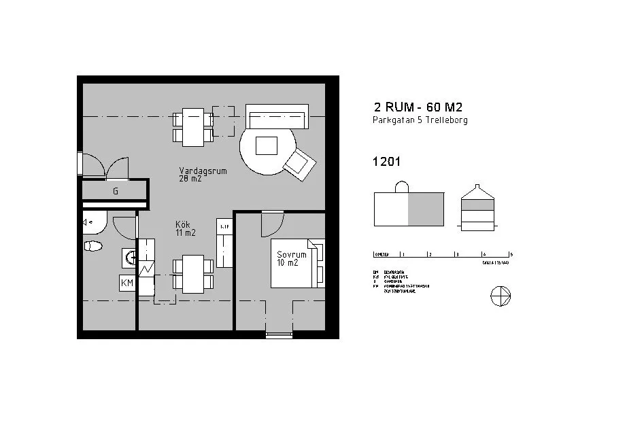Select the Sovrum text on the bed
[292, 256]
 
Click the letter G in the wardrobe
[116, 192]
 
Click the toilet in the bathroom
[92, 245]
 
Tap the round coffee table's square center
[266, 145]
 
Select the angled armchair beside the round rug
[299, 164]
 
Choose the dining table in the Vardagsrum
[193, 126]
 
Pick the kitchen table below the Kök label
[193, 273]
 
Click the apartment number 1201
[386, 162]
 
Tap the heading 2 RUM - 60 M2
[418, 107]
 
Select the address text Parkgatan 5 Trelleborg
[420, 120]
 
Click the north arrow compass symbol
[500, 296]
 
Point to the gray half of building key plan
[426, 209]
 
